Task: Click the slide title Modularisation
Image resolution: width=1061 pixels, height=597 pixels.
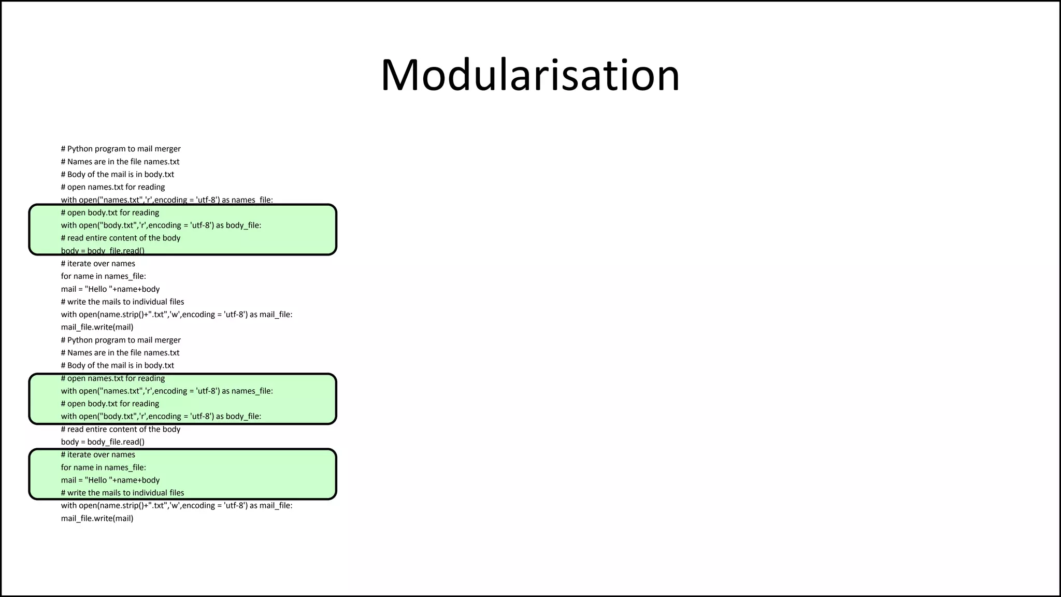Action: click(530, 75)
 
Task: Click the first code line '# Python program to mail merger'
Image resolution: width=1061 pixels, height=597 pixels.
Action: click(121, 149)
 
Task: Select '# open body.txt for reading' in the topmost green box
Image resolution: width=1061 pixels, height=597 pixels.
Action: click(110, 212)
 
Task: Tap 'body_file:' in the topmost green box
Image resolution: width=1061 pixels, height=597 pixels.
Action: click(243, 225)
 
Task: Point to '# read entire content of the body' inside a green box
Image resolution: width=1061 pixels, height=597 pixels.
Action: click(121, 238)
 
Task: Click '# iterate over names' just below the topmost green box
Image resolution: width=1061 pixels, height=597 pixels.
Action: click(98, 263)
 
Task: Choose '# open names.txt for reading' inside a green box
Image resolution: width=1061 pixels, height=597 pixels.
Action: click(113, 378)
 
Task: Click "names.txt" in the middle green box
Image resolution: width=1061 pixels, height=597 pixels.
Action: click(121, 391)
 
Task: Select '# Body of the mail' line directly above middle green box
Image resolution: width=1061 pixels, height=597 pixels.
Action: click(118, 365)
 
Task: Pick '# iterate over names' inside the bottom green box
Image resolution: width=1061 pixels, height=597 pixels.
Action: click(98, 454)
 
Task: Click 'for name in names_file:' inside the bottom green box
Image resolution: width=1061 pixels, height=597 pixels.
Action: click(104, 467)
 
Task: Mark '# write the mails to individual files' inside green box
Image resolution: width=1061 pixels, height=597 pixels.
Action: click(122, 493)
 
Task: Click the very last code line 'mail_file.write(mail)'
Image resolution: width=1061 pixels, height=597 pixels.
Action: click(97, 518)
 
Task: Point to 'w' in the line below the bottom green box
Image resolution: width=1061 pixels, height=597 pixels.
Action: click(174, 506)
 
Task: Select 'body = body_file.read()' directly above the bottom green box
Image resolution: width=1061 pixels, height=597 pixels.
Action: click(103, 442)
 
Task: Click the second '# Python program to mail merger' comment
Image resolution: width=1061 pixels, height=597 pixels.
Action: click(121, 340)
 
